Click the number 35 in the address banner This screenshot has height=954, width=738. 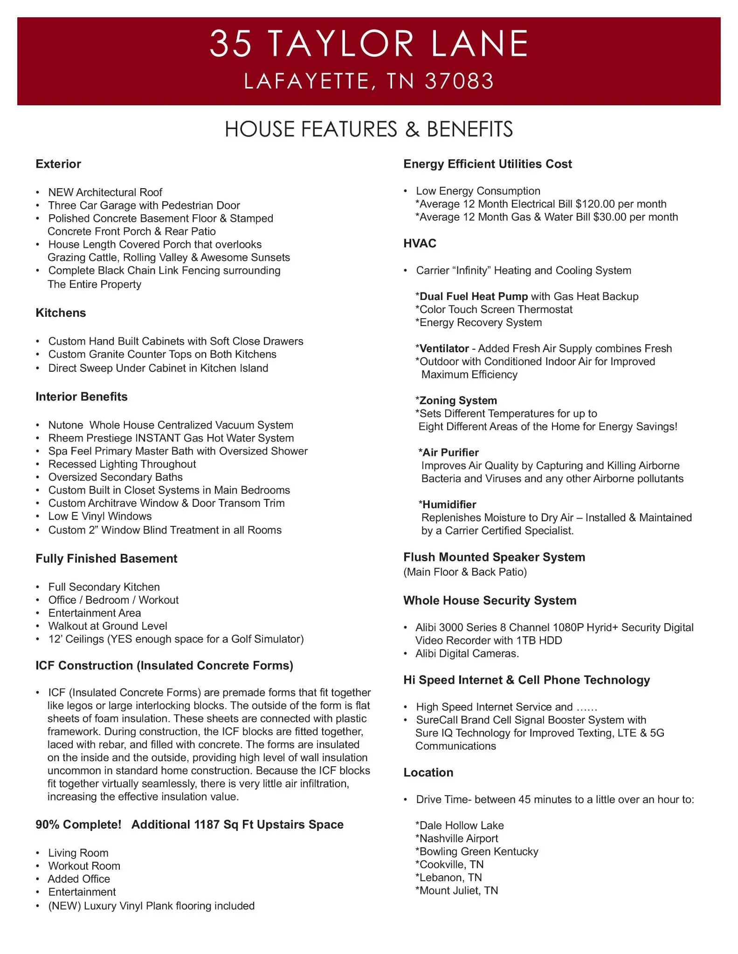coord(231,44)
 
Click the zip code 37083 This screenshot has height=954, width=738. coord(459,81)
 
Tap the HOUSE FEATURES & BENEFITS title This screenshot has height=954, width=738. coord(369,129)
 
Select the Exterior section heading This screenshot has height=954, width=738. coord(58,164)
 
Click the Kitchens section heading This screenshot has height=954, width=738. coord(61,313)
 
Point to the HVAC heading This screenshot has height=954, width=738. coord(420,243)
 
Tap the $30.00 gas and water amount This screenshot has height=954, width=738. coord(609,217)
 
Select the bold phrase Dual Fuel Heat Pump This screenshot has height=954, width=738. coord(474,296)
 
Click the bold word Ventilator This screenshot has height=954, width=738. coord(444,348)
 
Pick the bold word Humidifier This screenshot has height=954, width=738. coord(449,504)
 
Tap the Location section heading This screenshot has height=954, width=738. coord(428,772)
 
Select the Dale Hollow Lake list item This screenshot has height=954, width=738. coord(461,825)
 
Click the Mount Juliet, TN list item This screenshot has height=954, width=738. coord(458,891)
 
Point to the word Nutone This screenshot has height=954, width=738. coord(66,425)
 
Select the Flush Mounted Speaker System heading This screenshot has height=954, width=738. coord(494,557)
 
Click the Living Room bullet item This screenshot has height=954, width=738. coord(78,853)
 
